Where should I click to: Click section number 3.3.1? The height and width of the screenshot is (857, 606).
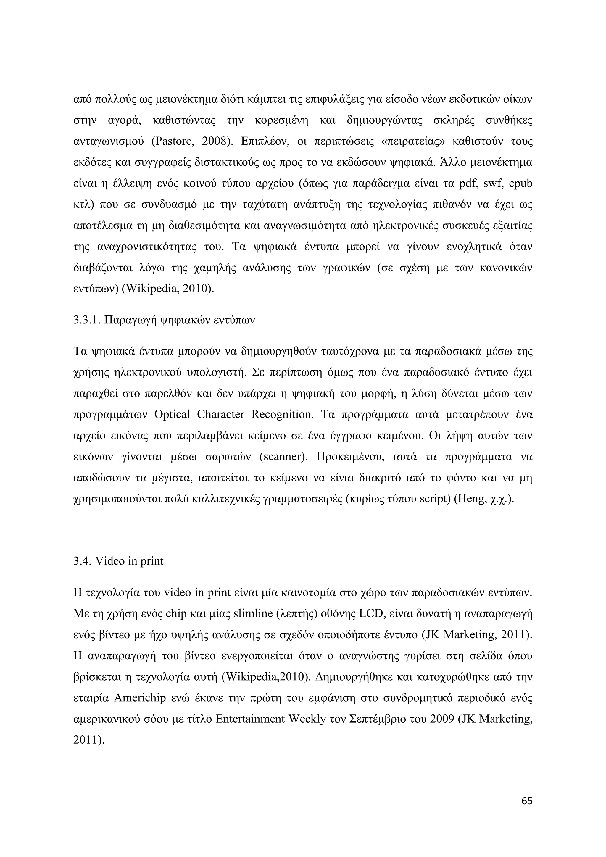pos(86,320)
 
